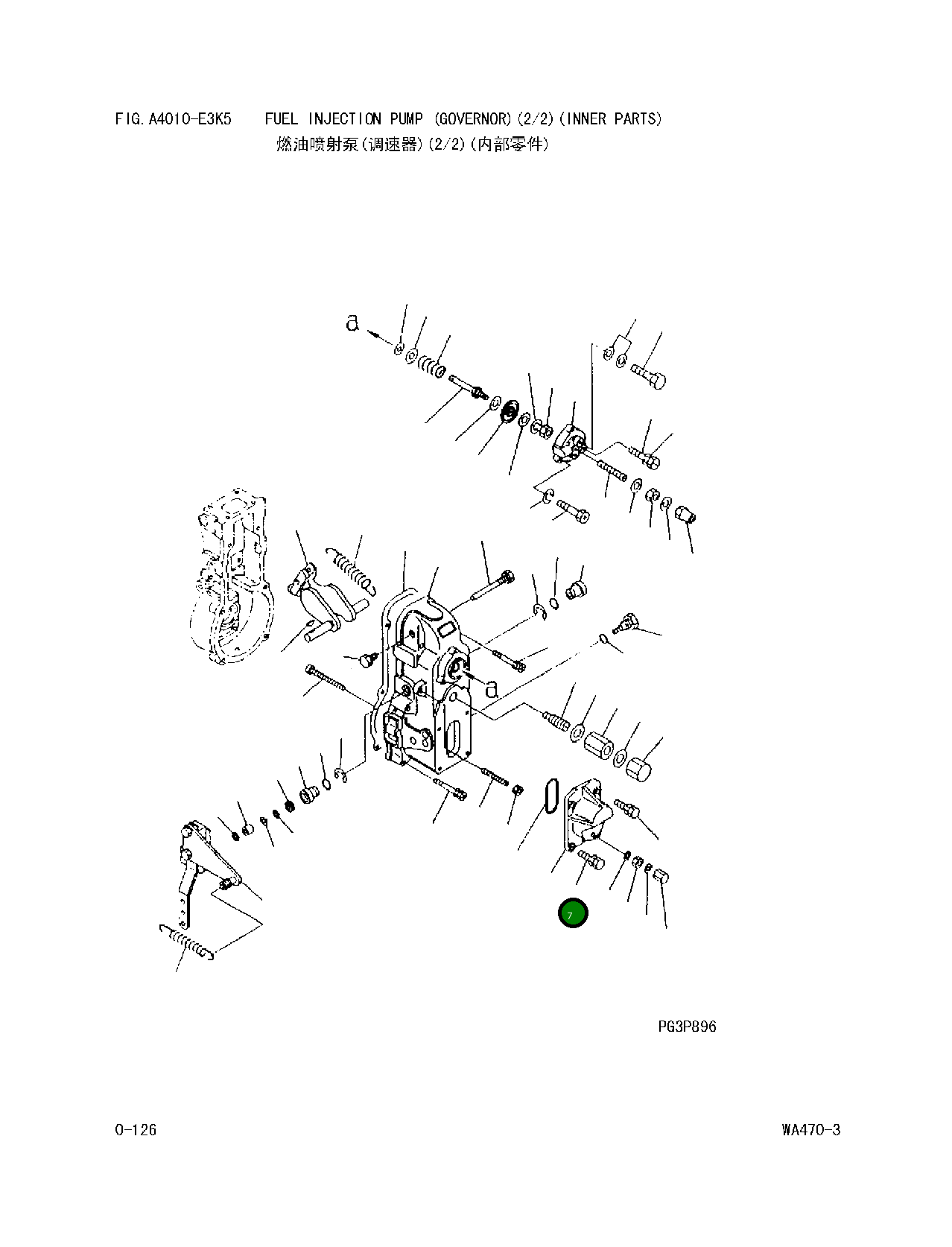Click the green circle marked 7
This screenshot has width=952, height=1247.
pyautogui.click(x=573, y=913)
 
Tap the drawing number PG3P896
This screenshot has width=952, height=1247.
pyautogui.click(x=687, y=1027)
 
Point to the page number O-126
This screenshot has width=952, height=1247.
pyautogui.click(x=136, y=1130)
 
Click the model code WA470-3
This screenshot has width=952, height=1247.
pyautogui.click(x=811, y=1130)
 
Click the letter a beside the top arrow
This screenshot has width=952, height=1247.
pyautogui.click(x=352, y=323)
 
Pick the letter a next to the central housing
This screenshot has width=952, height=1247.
pyautogui.click(x=492, y=689)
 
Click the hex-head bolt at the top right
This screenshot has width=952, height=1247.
pyautogui.click(x=649, y=375)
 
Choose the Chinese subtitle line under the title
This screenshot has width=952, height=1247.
pyautogui.click(x=412, y=145)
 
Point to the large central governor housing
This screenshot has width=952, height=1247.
pyautogui.click(x=425, y=685)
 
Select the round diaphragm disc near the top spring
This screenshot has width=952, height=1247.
pyautogui.click(x=510, y=410)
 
